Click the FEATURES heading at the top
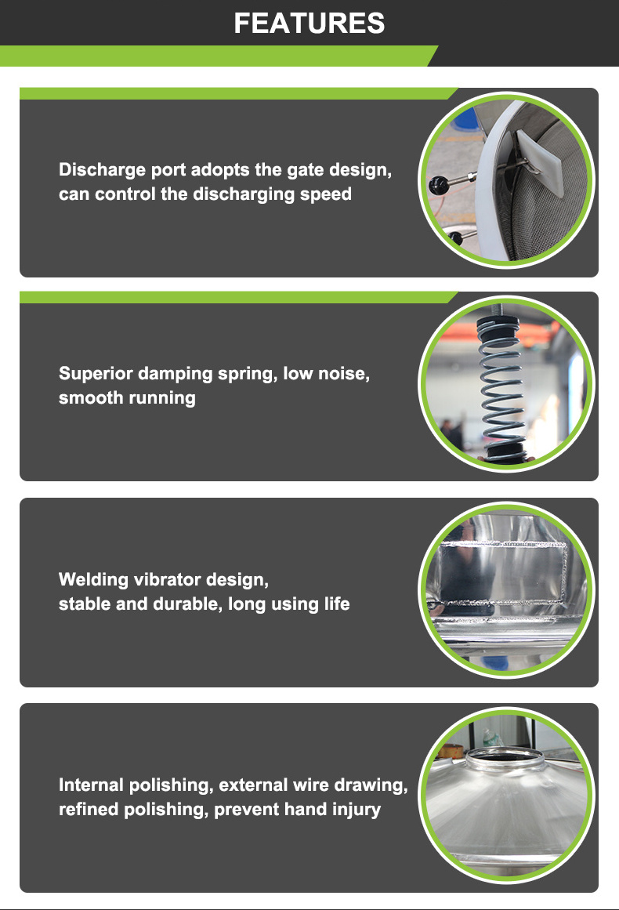(309, 24)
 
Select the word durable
(188, 604)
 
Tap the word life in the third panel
(336, 604)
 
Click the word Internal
(91, 785)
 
